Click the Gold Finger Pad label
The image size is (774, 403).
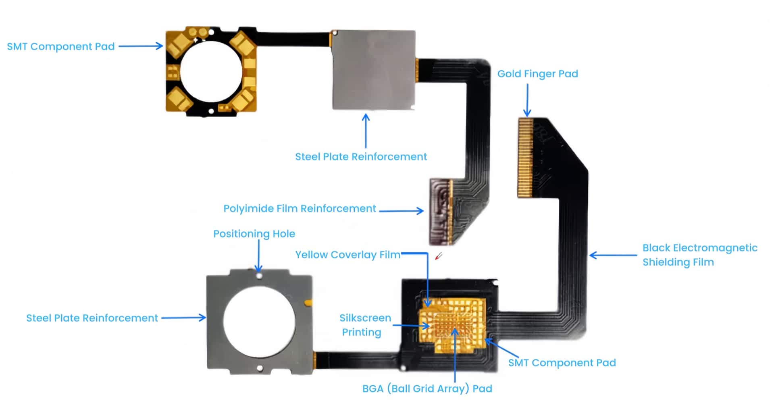(537, 74)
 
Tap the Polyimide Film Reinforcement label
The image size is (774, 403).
(300, 209)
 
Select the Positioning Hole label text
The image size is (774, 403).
(254, 234)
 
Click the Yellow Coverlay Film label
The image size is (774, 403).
(347, 255)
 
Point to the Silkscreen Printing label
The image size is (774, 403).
(364, 325)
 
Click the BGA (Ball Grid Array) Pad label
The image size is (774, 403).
(427, 388)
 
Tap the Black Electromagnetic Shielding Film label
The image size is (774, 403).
(699, 255)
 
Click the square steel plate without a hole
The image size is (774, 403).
(374, 70)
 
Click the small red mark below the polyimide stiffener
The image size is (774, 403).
(439, 256)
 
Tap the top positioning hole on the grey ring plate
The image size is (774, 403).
(259, 276)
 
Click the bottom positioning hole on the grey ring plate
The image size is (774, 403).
(260, 368)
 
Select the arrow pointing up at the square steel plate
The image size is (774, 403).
(366, 131)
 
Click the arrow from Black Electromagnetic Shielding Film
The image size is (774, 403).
(613, 255)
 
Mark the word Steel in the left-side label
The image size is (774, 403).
(39, 318)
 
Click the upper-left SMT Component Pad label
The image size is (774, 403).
(61, 47)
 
